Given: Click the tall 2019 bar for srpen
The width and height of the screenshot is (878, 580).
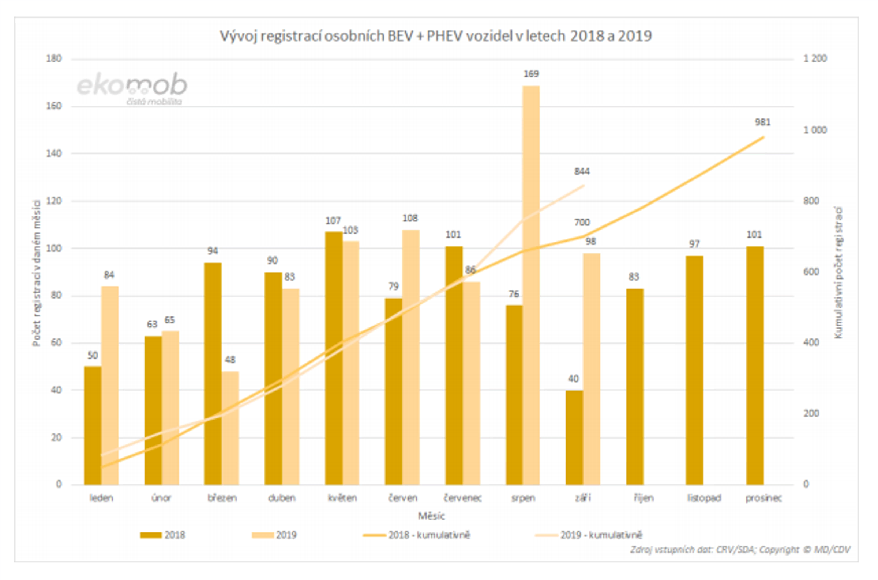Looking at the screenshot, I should pos(531,285).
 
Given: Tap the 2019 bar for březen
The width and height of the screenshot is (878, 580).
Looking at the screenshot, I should pos(230,428).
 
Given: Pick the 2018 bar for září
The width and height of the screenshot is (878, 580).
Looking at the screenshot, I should pos(574,437).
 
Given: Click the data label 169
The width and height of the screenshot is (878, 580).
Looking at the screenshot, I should pos(531,74).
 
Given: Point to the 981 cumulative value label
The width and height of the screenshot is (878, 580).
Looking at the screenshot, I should pos(762,122).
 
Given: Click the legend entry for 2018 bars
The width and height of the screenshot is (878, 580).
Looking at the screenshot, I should pos(163,535).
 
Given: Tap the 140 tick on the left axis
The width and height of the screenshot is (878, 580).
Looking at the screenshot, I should pos(54,153).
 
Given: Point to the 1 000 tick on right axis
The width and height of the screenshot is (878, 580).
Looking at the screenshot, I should pos(814,130).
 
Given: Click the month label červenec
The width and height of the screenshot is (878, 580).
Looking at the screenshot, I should pos(463,498).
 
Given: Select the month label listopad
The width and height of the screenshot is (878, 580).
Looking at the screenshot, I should pos(704,498).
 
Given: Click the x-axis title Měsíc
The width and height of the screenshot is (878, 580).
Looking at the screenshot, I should pos(431,516).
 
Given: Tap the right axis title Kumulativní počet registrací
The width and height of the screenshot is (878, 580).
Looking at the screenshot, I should pos(838,273).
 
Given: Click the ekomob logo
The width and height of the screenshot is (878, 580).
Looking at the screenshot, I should pos(132,88).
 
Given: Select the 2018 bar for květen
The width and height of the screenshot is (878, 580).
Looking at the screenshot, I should pos(334,358).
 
